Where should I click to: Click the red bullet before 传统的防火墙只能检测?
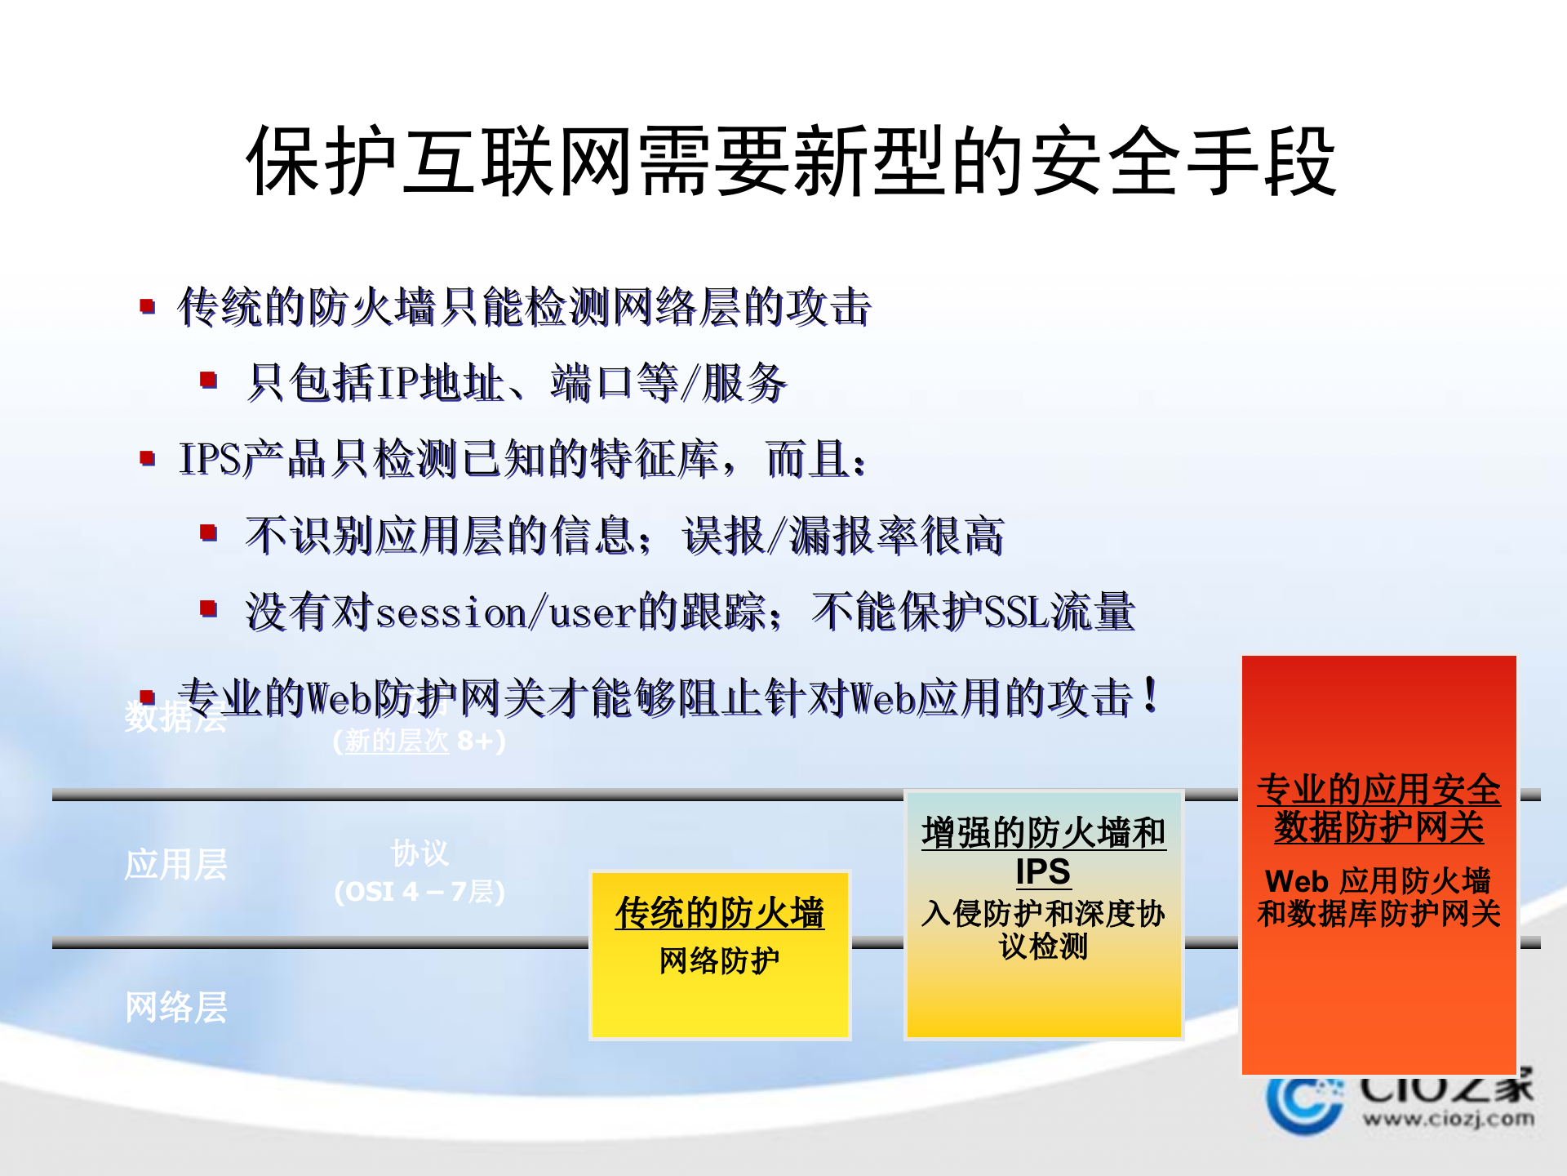click(148, 306)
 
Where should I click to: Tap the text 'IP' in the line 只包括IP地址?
click(398, 382)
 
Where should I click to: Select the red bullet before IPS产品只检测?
click(148, 457)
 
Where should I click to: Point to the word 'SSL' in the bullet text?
click(1016, 612)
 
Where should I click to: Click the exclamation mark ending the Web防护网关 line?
click(1151, 696)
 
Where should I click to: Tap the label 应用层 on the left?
click(175, 864)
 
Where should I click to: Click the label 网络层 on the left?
click(175, 1007)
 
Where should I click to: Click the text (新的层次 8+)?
click(419, 741)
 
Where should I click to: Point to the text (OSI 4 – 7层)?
click(419, 891)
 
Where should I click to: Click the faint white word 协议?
click(419, 853)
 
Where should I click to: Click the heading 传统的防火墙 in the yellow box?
click(719, 912)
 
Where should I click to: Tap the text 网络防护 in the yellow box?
click(719, 960)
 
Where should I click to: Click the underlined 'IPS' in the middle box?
click(1043, 871)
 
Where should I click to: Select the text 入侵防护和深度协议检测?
click(1043, 929)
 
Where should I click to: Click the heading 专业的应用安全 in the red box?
click(1378, 790)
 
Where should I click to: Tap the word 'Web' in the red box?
click(1297, 881)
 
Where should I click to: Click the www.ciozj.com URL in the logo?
click(1447, 1118)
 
